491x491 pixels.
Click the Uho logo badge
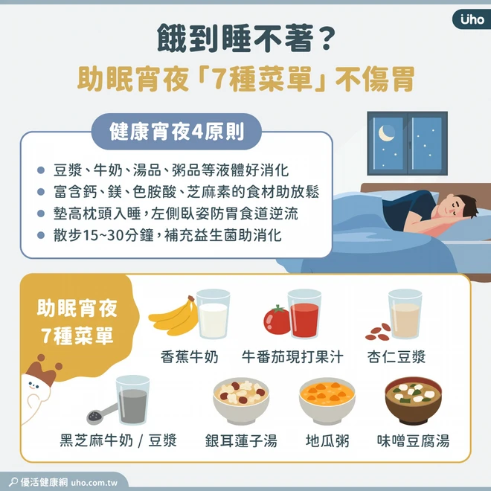click(x=472, y=19)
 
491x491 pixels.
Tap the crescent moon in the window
click(x=385, y=132)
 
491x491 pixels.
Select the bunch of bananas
click(x=173, y=315)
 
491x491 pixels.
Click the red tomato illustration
click(x=277, y=320)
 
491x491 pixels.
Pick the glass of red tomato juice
click(x=304, y=314)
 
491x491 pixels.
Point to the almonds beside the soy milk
click(x=378, y=333)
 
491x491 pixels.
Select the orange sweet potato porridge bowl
click(x=327, y=401)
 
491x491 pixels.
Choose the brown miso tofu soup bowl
click(x=414, y=401)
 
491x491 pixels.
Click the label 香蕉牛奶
click(x=189, y=356)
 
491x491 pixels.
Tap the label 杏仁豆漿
click(x=397, y=356)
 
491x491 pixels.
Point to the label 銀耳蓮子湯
click(x=241, y=440)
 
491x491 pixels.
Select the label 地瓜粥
click(x=327, y=440)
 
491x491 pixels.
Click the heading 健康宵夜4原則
click(x=176, y=132)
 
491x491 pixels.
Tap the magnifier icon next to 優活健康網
click(x=13, y=481)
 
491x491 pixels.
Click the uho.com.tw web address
click(x=94, y=483)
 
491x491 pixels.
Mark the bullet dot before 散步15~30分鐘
click(x=41, y=235)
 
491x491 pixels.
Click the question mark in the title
click(x=326, y=39)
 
